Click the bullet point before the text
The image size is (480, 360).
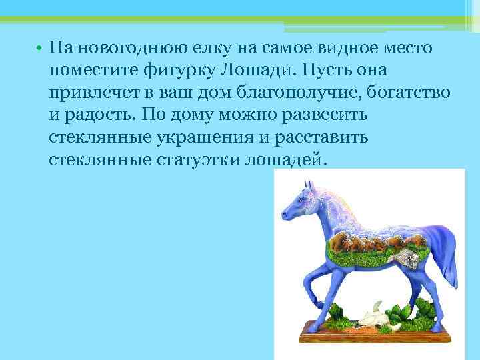pos(40,49)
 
